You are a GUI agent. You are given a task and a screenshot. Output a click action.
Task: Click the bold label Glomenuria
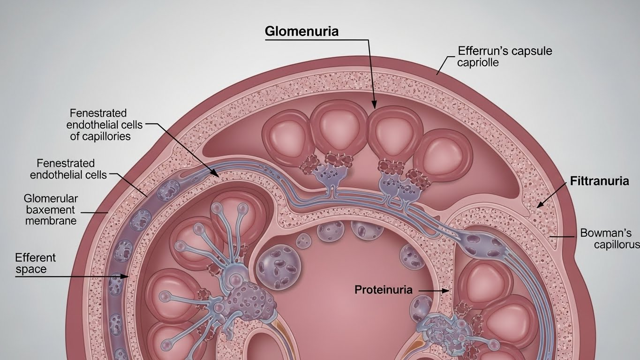point(301,31)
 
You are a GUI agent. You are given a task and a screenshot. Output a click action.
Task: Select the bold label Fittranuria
point(599,181)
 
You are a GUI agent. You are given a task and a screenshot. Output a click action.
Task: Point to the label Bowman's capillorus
point(610,239)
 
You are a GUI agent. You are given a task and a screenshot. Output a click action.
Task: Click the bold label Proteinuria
point(384,290)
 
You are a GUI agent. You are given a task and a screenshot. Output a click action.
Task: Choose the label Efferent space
point(35,263)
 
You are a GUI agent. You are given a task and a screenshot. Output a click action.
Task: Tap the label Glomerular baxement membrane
point(51,209)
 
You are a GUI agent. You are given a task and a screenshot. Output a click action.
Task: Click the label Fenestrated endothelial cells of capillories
point(98,125)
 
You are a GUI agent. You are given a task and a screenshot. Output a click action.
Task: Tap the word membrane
point(51,220)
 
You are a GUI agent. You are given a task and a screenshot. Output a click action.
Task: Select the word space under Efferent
point(31,270)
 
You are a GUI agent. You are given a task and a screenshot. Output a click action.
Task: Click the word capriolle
point(478,62)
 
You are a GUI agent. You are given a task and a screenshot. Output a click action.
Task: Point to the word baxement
point(51,209)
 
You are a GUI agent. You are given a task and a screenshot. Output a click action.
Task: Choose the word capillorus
point(617,245)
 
